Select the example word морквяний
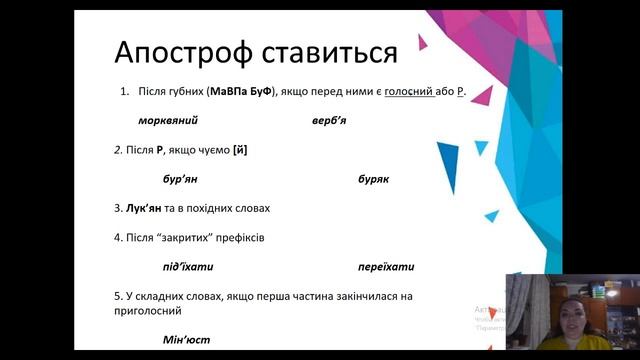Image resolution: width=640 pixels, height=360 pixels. click(168, 120)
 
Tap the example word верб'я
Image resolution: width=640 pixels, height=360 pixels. click(330, 120)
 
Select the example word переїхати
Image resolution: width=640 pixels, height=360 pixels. click(386, 267)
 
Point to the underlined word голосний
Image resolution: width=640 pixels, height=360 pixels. click(409, 91)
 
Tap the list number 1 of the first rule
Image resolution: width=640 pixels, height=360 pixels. click(123, 91)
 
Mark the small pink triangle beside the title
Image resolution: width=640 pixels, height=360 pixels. click(422, 42)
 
